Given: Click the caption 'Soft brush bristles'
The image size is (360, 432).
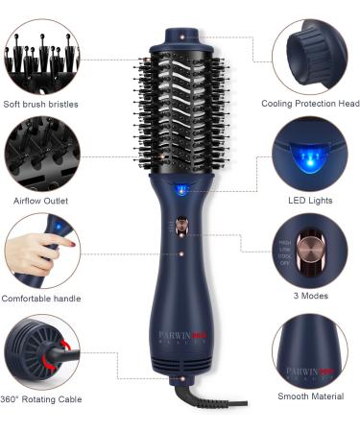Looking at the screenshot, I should point(40,104).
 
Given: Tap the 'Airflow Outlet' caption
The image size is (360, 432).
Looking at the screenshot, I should point(40,201).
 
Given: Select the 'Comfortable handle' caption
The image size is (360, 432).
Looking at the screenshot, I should point(40,299).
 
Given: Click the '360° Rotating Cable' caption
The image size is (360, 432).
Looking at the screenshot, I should point(40,398).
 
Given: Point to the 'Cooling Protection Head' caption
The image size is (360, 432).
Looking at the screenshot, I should point(310,104).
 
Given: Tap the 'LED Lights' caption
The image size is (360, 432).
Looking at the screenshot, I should point(310,201).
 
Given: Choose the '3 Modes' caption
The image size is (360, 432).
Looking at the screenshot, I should point(310,297).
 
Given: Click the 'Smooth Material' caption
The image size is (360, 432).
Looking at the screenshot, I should point(309,396).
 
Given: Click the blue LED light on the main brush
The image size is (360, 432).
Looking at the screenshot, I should point(182,190).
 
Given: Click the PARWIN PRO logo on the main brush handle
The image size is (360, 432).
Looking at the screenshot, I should point(181,338).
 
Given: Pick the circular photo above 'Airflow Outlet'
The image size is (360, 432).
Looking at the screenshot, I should point(41,154).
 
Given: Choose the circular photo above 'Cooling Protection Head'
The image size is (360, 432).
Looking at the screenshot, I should point(309,56).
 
